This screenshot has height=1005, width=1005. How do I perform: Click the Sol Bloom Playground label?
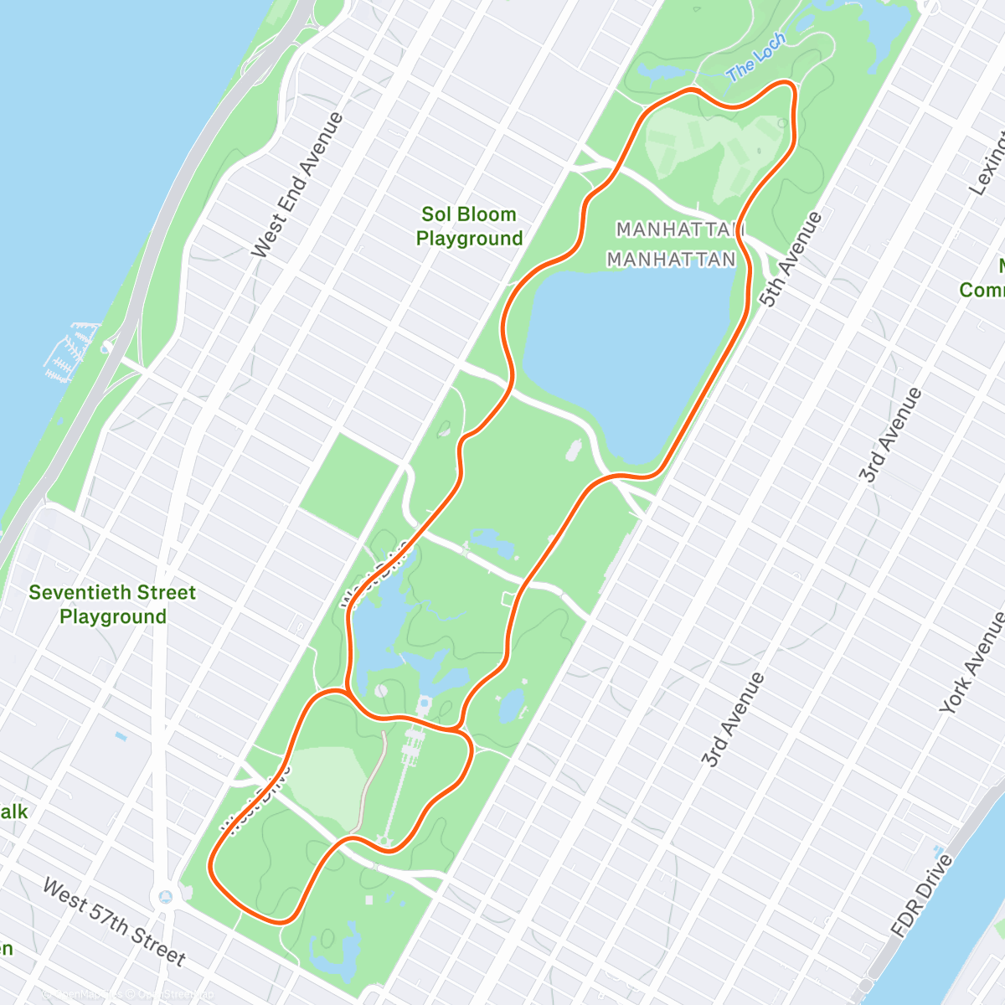(469, 226)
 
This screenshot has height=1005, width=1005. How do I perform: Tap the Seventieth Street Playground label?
(112, 605)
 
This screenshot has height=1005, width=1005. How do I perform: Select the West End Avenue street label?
(297, 184)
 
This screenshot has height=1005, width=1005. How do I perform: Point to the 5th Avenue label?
(791, 259)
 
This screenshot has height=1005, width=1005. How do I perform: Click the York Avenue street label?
(972, 662)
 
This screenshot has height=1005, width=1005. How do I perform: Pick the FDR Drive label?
(921, 894)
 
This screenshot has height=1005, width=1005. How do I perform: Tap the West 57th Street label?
(113, 921)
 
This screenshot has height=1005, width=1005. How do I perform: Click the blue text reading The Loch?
(756, 58)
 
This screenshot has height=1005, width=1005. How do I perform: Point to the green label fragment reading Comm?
(982, 290)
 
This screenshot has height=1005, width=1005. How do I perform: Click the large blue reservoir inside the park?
(628, 352)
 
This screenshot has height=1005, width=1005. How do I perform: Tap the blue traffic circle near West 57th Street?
(165, 897)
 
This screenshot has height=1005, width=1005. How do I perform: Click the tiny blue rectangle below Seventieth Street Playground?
(121, 737)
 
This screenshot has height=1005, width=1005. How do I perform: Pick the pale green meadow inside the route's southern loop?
(327, 783)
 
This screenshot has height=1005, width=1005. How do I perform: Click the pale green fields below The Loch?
(712, 151)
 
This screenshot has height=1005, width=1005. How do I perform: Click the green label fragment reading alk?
(13, 812)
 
